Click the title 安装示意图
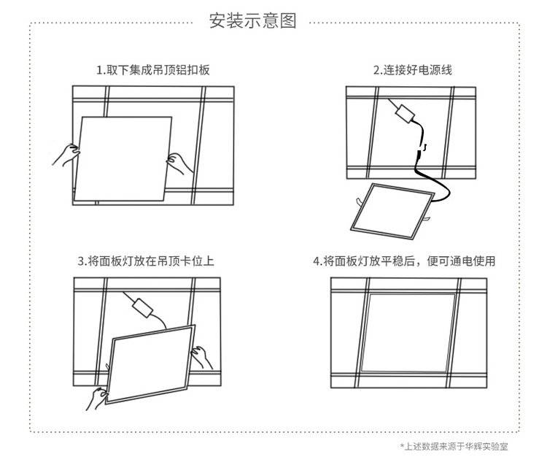253,21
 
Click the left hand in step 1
66,155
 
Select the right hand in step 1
179,163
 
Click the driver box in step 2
405,113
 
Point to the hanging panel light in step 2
392,211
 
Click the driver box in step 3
142,307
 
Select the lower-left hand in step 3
96,399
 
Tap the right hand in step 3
201,357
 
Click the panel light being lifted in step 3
150,364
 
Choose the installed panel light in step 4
408,333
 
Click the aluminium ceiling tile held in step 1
123,159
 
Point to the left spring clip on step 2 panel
360,202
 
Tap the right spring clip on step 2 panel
427,218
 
